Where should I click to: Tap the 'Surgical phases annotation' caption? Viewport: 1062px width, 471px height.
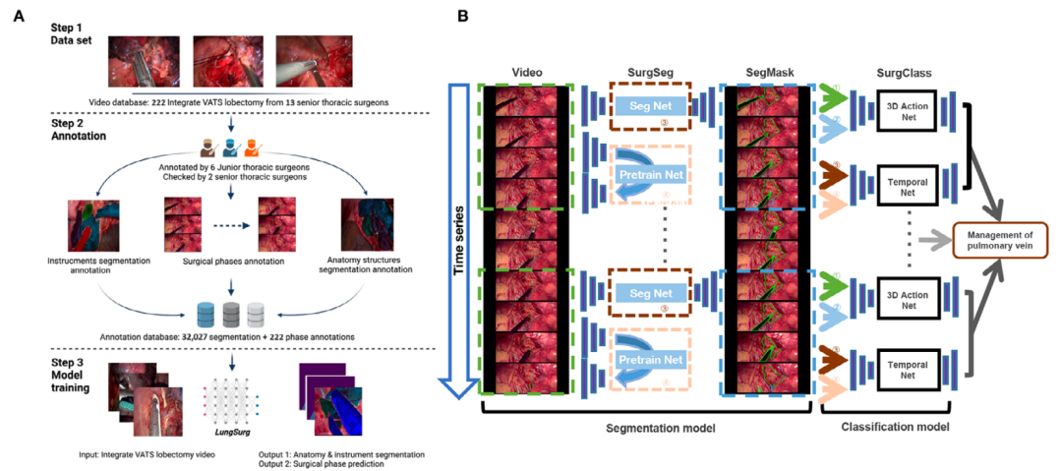point(230,264)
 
